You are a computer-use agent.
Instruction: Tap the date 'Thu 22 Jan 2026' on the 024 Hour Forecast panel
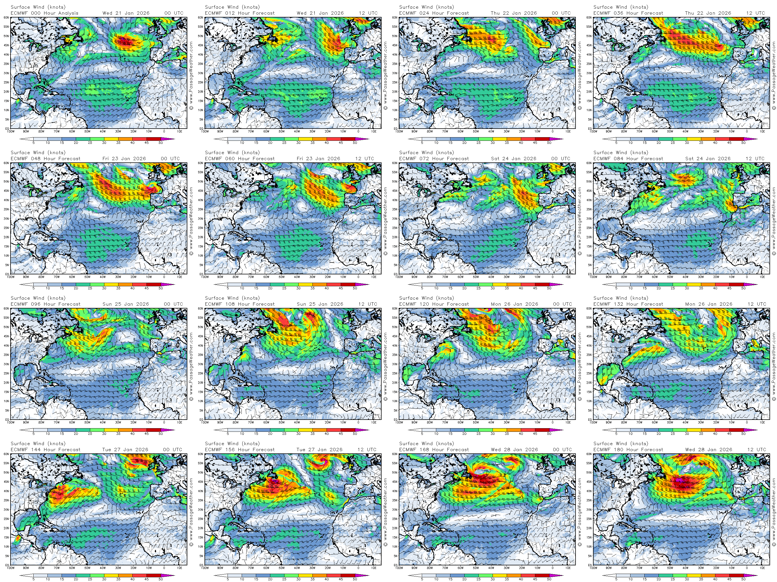coord(514,13)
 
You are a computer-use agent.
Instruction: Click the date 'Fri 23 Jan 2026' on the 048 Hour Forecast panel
coord(124,159)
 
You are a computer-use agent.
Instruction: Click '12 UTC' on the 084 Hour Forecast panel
coord(755,159)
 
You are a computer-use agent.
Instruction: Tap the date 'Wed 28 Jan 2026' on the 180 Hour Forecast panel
coord(708,450)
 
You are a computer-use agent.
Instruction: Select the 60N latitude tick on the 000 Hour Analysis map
coord(6,17)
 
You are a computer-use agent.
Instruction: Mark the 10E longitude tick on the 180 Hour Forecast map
coord(762,568)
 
